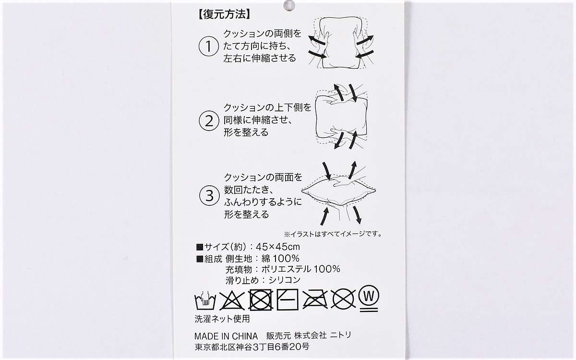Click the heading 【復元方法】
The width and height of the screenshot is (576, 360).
tap(223, 14)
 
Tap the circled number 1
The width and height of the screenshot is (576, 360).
tap(208, 47)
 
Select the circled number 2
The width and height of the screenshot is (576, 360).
tap(209, 120)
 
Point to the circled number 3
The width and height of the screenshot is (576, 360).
tap(209, 195)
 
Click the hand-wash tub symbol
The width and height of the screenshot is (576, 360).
tap(205, 300)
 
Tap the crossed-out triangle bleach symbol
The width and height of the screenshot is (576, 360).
tap(232, 300)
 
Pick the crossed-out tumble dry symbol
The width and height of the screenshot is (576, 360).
tap(261, 300)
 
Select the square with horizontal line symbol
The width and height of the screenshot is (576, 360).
tap(288, 300)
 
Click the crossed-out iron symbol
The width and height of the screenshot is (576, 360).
tap(315, 300)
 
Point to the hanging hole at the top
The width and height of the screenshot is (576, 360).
tap(289, 6)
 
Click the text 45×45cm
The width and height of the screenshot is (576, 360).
tap(278, 247)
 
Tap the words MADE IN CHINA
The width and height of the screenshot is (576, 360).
tap(226, 336)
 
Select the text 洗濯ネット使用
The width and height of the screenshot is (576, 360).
tap(222, 319)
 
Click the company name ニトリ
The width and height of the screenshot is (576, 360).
tap(341, 335)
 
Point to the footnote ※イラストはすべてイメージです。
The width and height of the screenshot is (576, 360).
tap(333, 234)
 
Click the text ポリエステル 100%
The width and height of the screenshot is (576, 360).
tap(301, 269)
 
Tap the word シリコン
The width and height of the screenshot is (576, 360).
tap(284, 280)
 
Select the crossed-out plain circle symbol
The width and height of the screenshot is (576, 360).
tap(343, 299)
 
